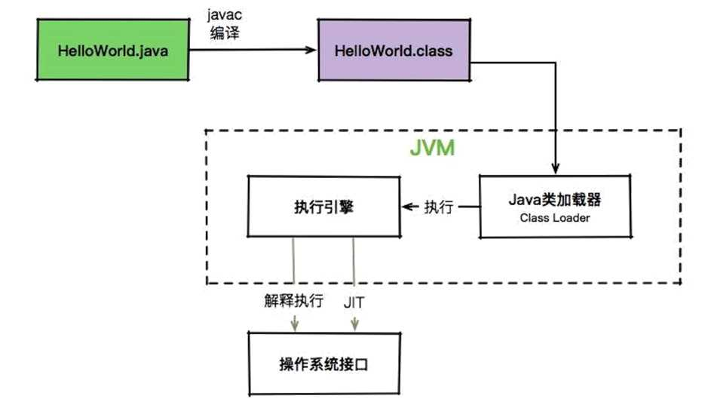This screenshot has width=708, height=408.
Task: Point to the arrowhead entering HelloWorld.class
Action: point(310,51)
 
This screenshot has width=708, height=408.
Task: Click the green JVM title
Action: point(432,148)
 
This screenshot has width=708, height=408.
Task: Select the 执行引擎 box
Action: point(323,206)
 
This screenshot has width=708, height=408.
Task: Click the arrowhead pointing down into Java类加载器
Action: point(556,169)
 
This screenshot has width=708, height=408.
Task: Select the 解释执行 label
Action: point(294,302)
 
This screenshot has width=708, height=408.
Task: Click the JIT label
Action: point(354,302)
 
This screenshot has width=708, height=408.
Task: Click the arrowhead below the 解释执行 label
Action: point(294,326)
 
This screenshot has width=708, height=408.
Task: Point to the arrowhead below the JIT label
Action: point(354,326)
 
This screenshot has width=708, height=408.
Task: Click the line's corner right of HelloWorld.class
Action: point(556,63)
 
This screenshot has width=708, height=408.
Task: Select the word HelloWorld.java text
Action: point(113,51)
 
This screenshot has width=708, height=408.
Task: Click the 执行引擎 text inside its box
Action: point(323,207)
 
